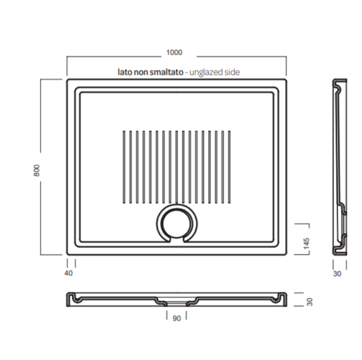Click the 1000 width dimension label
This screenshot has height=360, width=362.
(175, 52)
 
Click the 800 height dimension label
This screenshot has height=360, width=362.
(37, 171)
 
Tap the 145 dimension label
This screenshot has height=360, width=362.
(306, 244)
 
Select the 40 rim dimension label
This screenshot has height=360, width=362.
(68, 273)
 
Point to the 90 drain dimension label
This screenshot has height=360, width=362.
(176, 318)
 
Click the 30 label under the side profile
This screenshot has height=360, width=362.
(337, 274)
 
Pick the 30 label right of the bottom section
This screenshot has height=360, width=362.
(310, 302)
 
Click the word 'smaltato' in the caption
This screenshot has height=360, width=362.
(167, 72)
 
